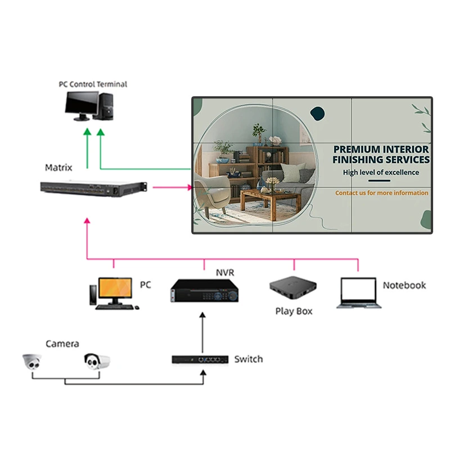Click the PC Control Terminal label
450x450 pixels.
(93, 84)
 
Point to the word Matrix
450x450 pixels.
(58, 168)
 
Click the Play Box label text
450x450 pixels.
(293, 311)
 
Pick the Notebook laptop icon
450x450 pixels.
(359, 293)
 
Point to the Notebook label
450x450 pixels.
(404, 285)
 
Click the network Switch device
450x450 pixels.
(200, 359)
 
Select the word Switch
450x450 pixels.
(248, 359)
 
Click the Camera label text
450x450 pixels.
(62, 344)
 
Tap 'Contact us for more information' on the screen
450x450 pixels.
(381, 193)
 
